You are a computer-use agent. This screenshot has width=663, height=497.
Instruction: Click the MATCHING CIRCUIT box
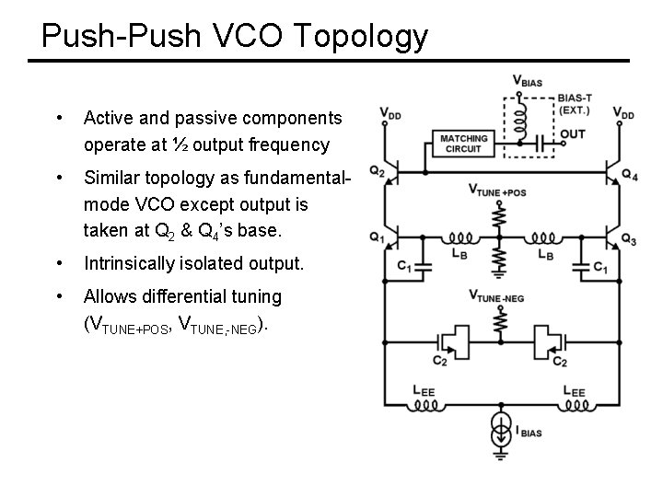[463, 144]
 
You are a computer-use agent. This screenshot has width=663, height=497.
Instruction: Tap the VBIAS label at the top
[528, 81]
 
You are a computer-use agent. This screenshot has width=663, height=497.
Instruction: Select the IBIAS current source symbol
[501, 433]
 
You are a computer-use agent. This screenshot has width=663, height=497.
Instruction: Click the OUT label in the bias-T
[572, 134]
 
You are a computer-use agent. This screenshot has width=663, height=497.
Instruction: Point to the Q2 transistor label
[377, 170]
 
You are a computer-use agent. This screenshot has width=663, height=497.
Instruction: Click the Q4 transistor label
[630, 175]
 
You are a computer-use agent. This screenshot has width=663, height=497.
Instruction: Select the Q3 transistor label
[629, 240]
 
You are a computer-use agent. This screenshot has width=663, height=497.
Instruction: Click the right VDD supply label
[623, 114]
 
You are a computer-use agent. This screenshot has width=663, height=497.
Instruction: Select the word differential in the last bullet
[185, 297]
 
